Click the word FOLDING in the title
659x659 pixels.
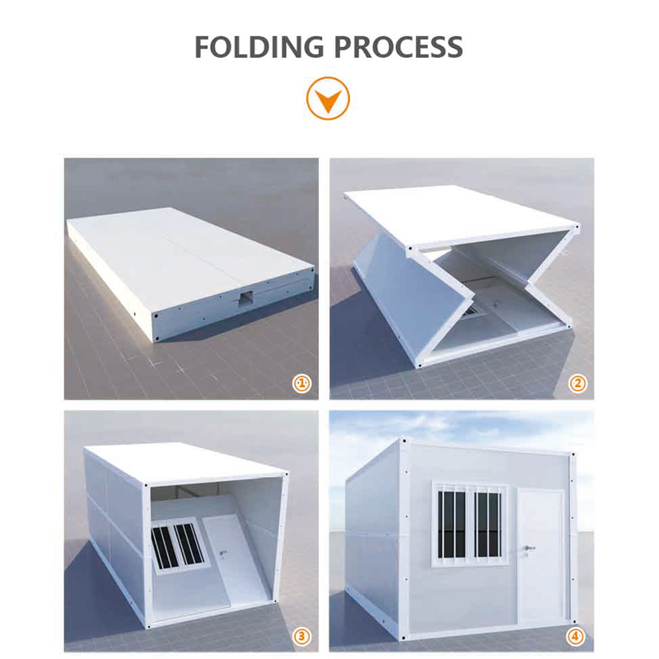[x=259, y=47]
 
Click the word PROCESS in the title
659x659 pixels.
[x=399, y=47]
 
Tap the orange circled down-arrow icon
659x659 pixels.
[x=328, y=98]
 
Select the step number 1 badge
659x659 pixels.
[x=301, y=383]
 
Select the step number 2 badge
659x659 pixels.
[x=577, y=383]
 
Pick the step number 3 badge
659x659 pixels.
[x=301, y=636]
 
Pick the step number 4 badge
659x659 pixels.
[x=575, y=636]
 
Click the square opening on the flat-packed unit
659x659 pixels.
[x=245, y=299]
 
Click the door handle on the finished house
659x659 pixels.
[x=528, y=549]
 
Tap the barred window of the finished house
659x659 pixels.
[x=470, y=525]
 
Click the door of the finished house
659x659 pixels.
[x=541, y=554]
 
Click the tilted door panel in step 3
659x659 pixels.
[x=236, y=559]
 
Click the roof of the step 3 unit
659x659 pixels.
[x=185, y=461]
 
